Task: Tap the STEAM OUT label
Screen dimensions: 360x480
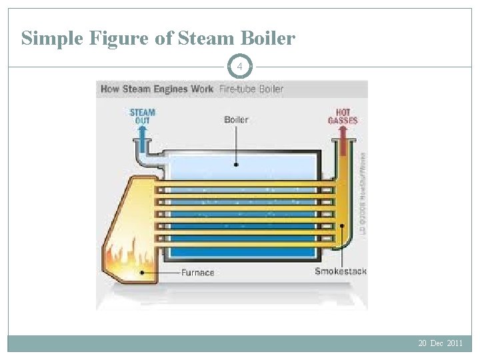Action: click(142, 117)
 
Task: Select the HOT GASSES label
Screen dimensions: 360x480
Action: click(343, 117)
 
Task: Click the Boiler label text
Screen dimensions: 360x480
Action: click(236, 120)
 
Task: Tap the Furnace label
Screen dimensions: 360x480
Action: click(198, 272)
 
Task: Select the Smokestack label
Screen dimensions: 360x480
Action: click(340, 271)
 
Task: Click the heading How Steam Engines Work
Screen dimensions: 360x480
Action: click(157, 89)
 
